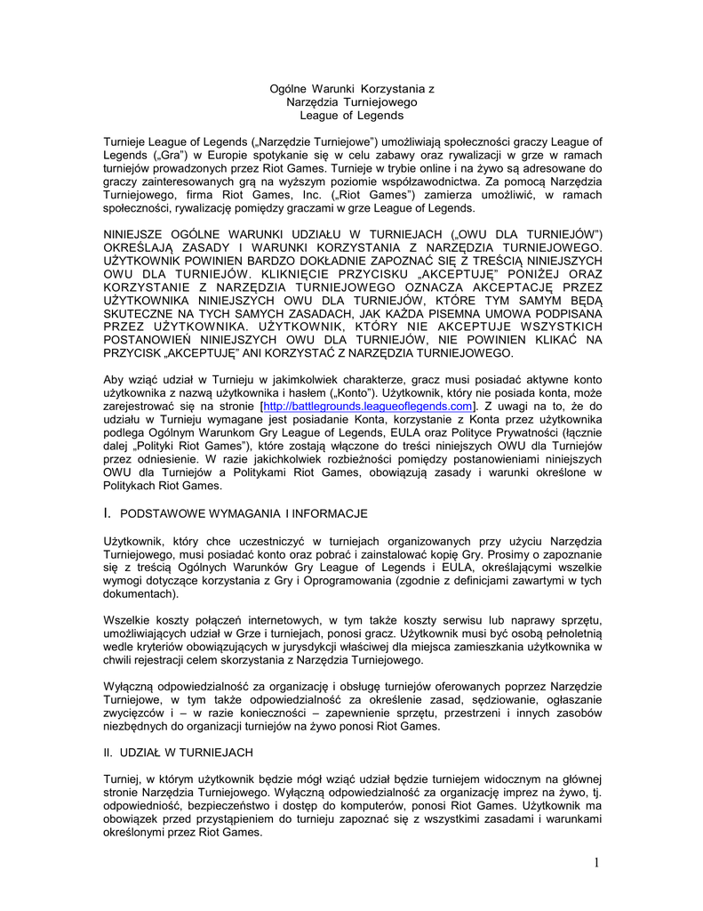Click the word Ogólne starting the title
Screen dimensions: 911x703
(290, 89)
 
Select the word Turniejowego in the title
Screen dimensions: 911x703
(379, 102)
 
